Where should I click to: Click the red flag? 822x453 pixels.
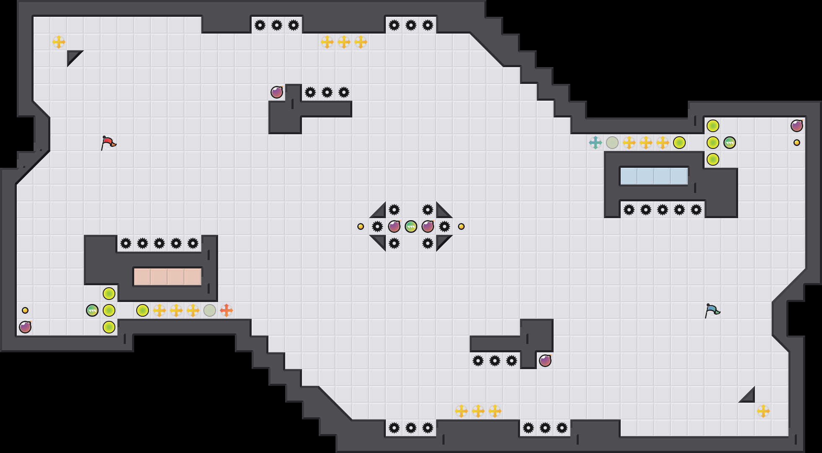108,143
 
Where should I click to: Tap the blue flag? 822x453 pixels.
712,310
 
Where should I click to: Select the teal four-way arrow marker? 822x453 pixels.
596,143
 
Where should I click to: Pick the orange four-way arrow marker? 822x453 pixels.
226,310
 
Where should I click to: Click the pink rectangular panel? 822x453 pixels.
168,277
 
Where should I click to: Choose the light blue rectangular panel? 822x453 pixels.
654,176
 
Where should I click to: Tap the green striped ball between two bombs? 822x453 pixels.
411,226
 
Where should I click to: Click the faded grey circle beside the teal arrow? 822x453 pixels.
612,143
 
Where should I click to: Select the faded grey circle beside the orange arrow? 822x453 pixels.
210,310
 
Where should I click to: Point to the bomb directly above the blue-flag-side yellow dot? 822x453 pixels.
797,126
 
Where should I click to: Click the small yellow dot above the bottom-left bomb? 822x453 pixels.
25,310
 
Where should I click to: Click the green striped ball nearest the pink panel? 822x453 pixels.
92,310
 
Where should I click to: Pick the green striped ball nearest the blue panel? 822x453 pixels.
730,143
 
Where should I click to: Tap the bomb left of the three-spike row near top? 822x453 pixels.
277,92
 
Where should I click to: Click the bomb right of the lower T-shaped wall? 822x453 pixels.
545,361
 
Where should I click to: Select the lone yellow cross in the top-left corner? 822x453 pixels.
59,42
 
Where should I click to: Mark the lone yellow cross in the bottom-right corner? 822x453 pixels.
763,411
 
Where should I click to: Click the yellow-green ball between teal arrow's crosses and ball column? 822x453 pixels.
679,143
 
